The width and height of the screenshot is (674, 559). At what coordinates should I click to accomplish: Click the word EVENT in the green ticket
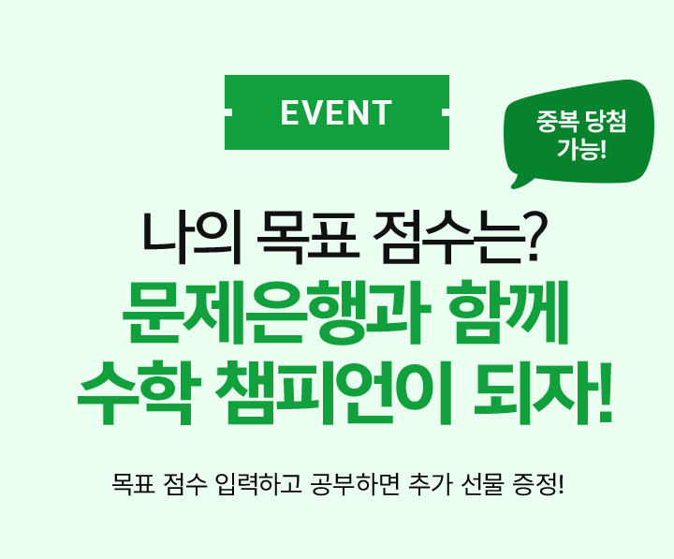click(336, 112)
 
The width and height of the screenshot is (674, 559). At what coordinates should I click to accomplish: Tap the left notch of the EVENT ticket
click(228, 112)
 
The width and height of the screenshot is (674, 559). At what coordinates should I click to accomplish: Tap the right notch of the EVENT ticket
click(446, 112)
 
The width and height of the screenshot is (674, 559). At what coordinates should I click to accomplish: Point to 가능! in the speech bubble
click(581, 148)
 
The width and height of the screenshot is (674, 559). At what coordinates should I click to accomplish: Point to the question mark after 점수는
click(533, 237)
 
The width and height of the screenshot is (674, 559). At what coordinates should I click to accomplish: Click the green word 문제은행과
click(276, 313)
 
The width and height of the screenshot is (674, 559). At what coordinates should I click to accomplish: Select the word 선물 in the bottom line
click(481, 485)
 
